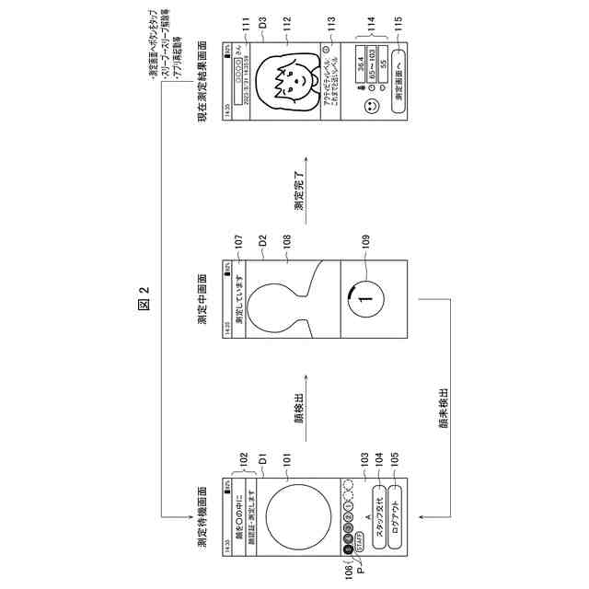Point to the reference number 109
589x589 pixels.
[x=366, y=242]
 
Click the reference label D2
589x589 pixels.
[x=261, y=242]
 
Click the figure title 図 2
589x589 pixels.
[x=142, y=298]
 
